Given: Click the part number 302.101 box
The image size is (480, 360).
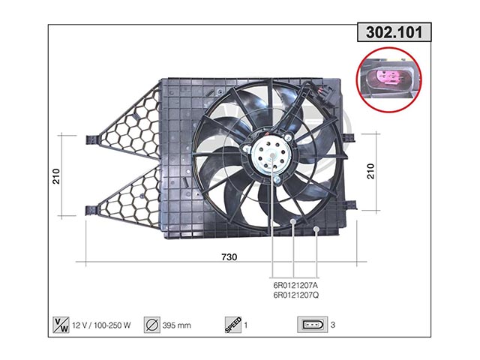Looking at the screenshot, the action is pos(394,32).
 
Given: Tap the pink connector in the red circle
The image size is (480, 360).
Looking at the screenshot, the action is pos(388,78).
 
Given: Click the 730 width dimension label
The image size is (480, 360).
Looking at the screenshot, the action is pos(229,256).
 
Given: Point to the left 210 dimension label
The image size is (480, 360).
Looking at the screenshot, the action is pos(56,176).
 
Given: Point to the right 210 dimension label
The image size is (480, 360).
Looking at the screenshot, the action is pos(370,172).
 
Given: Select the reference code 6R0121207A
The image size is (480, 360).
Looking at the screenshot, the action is pos(295,285).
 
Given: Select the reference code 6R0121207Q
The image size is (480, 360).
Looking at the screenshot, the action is pos(296,295).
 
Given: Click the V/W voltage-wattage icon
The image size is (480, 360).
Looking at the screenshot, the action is pos(61,325).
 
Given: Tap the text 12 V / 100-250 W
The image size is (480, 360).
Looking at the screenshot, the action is pos(101,325).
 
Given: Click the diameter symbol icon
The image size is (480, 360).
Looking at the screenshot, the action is pos(151,325).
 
